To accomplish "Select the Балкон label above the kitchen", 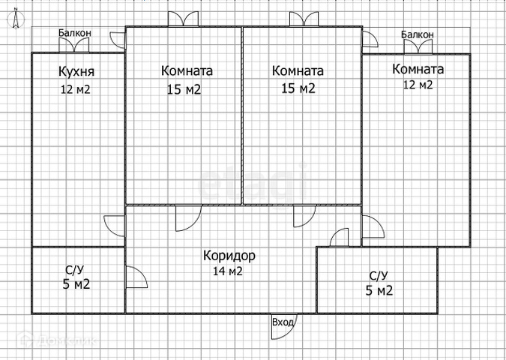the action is pos(75,33).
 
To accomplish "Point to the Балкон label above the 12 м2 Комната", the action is pos(417,34).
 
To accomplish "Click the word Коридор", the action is pos(229,256).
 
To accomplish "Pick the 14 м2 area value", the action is pos(228,271).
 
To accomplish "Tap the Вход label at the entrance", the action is pos(283,322).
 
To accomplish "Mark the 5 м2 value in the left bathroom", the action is pos(76,284).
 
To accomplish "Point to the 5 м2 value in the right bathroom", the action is pos(380,290).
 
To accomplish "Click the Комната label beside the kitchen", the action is pos(187,71).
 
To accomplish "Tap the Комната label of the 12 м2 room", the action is pos(418,69).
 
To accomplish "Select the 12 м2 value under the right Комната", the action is pos(418,85).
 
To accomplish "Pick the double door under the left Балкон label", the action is pos(75,46).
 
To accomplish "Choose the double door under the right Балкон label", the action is pos(417,47).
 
